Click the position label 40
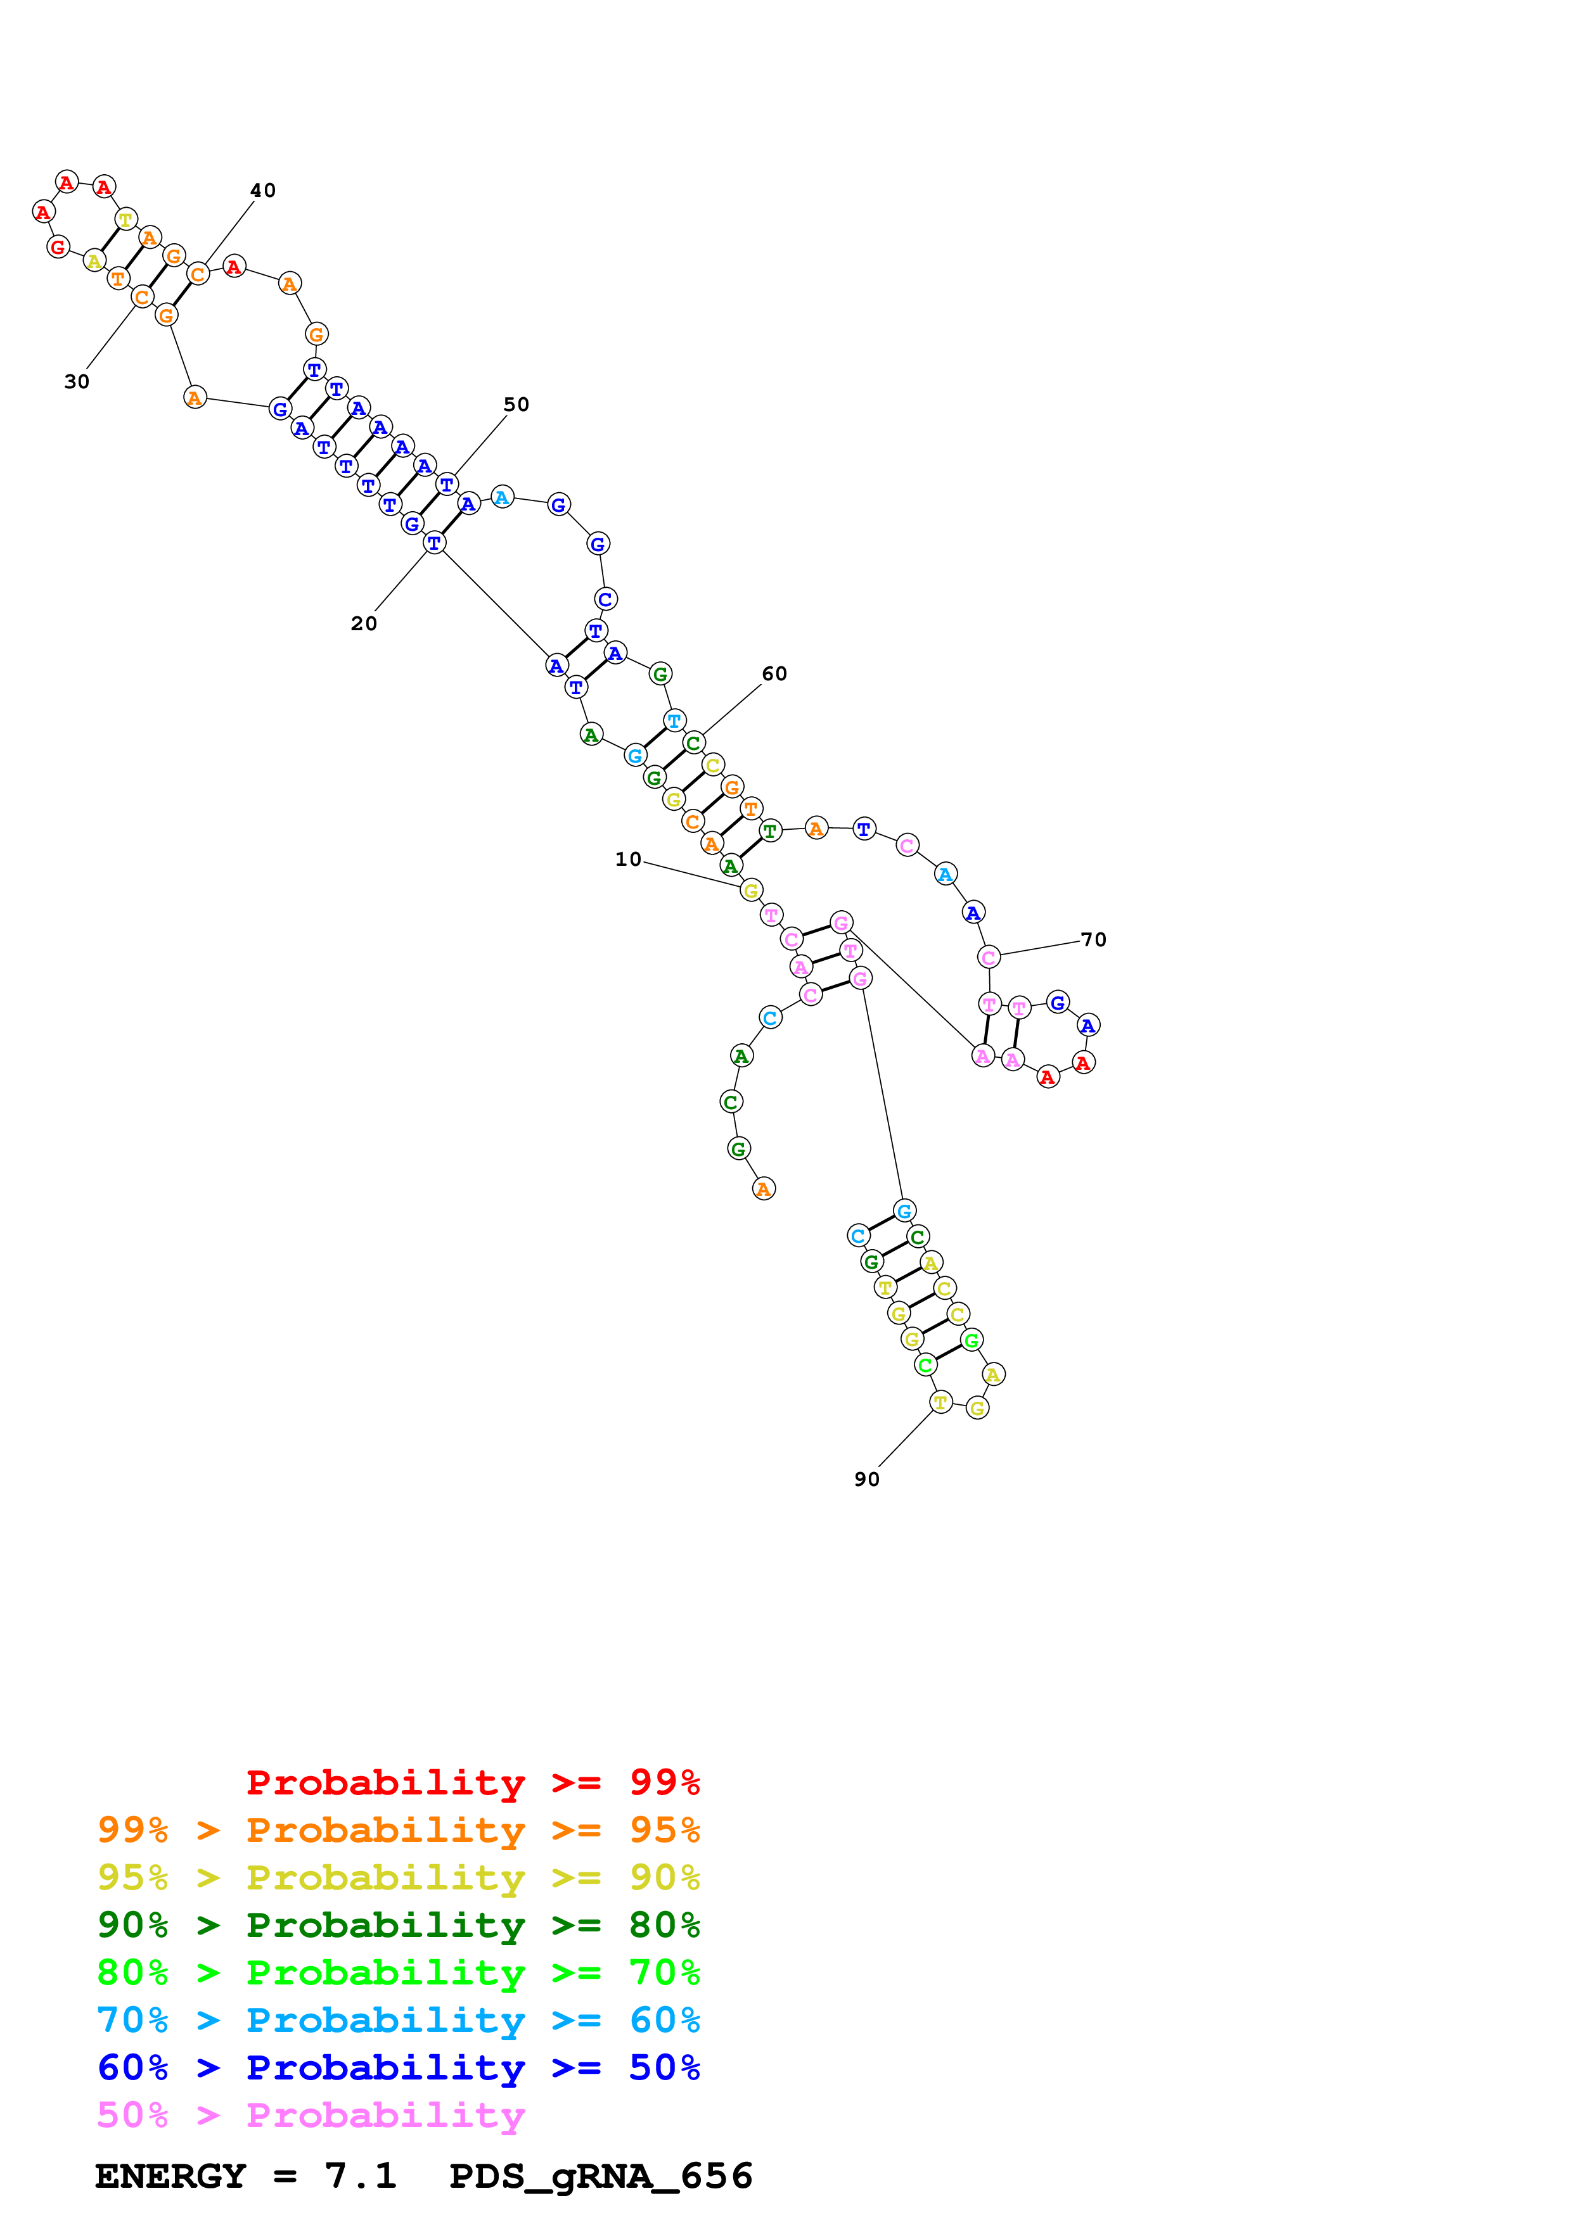(262, 191)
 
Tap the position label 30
(77, 383)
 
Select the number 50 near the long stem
(516, 405)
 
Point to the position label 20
(364, 624)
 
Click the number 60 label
(774, 673)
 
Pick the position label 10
(628, 860)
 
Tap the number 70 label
(1093, 940)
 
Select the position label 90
(866, 1480)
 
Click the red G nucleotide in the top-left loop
(58, 248)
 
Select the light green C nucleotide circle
(925, 1366)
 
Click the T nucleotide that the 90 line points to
(940, 1402)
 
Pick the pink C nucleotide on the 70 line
(988, 958)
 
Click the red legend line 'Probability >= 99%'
(472, 1782)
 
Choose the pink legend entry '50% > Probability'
(311, 2116)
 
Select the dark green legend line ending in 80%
(399, 1925)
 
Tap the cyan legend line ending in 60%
(399, 2021)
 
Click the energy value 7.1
(360, 2176)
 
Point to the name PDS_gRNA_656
(600, 2176)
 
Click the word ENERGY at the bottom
(170, 2176)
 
